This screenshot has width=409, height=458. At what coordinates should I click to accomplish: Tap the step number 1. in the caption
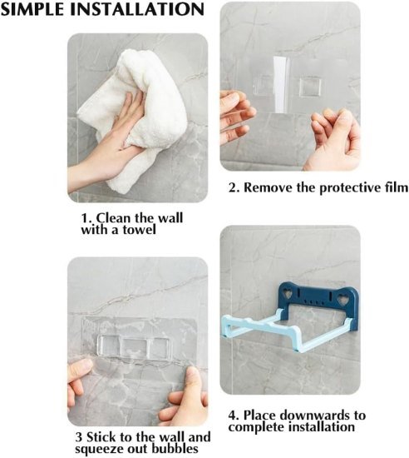pos(86,217)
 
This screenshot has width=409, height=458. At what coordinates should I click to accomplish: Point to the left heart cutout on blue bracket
pos(283,294)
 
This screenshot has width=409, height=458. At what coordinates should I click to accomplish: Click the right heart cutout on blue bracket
pos(347,294)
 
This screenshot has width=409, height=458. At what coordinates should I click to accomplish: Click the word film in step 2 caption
pos(392,187)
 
